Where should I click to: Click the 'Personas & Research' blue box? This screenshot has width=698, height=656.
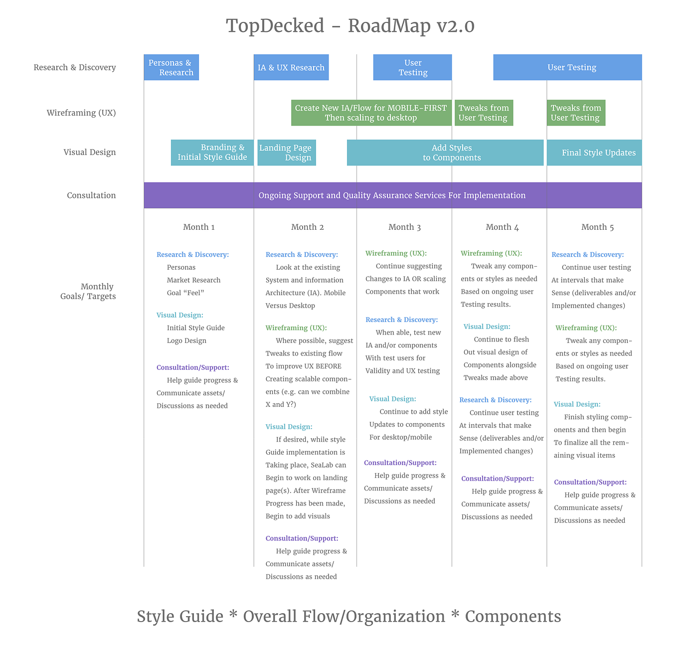click(x=171, y=67)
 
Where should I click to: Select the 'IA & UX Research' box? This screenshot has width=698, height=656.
click(x=291, y=67)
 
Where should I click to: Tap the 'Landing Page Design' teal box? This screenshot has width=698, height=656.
click(x=286, y=153)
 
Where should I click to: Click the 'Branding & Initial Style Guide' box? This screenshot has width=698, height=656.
click(x=212, y=153)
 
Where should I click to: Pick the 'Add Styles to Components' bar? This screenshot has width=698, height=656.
click(x=445, y=153)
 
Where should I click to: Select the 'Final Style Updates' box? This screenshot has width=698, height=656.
click(x=594, y=153)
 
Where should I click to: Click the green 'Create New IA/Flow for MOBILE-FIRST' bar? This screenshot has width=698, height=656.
click(x=371, y=113)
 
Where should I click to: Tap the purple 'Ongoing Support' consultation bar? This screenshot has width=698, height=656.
click(x=392, y=195)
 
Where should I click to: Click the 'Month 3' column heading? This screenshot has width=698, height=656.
click(x=404, y=227)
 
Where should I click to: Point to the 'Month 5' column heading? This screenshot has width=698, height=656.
click(x=597, y=227)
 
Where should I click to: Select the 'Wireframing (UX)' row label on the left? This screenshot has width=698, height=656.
click(x=81, y=113)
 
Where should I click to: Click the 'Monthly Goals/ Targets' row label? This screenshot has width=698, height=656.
click(x=92, y=292)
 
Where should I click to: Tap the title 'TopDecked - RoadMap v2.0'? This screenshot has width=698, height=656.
click(x=350, y=26)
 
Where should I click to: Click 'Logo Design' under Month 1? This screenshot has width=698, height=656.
click(x=186, y=341)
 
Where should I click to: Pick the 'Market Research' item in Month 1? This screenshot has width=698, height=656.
click(x=193, y=280)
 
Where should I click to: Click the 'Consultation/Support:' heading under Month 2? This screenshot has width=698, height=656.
click(x=302, y=538)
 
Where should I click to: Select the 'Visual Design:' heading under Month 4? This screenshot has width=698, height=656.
click(x=487, y=327)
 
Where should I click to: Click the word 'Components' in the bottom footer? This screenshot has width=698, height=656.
click(x=513, y=617)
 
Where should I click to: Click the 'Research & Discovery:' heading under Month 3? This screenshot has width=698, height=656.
click(x=401, y=320)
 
